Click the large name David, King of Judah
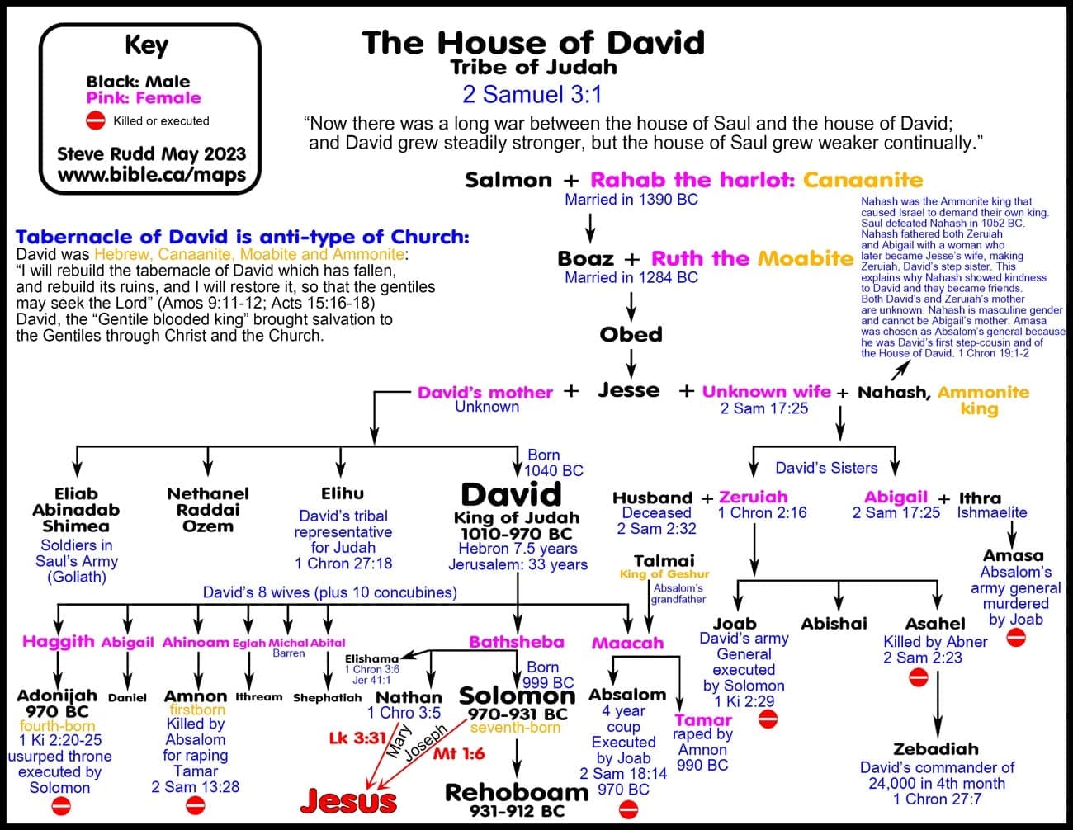click(x=511, y=495)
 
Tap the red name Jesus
click(x=348, y=799)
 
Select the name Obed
click(x=631, y=334)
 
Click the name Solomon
click(x=517, y=696)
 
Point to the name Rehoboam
click(x=517, y=792)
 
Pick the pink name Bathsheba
click(x=517, y=642)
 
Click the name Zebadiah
click(x=936, y=749)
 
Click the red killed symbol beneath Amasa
click(x=1016, y=638)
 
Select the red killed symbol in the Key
click(x=96, y=121)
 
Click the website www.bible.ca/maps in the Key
click(x=152, y=175)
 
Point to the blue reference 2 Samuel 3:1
click(x=532, y=95)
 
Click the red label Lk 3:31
click(x=357, y=738)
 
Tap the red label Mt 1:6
click(x=459, y=753)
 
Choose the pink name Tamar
click(x=702, y=719)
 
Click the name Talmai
click(x=664, y=560)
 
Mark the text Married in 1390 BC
click(x=631, y=200)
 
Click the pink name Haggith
click(x=59, y=642)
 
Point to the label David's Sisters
click(x=826, y=468)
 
